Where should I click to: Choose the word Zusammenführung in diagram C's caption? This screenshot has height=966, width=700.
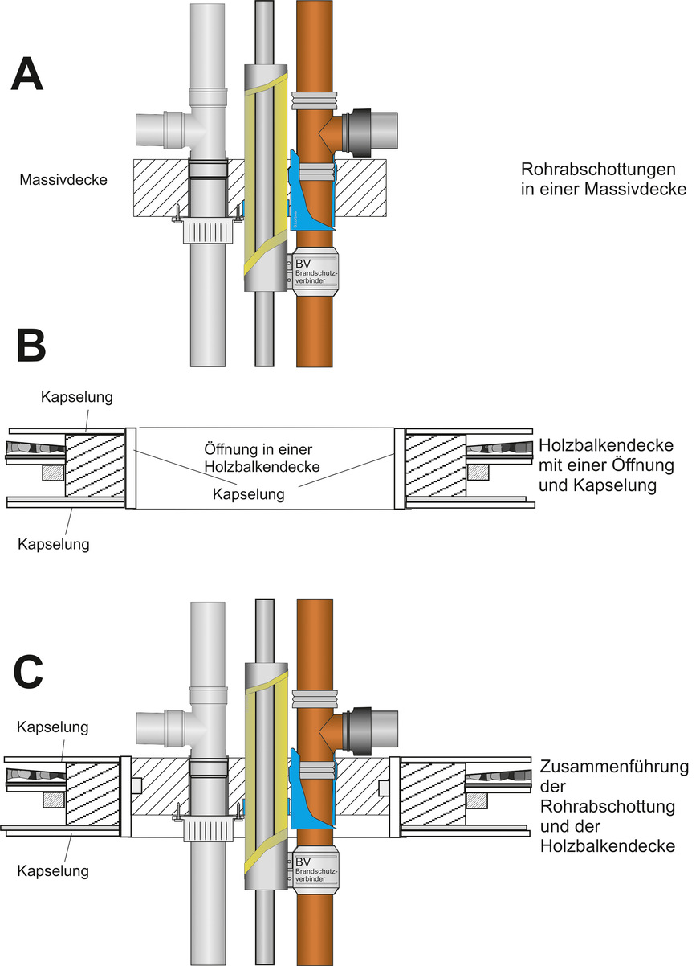[615, 767]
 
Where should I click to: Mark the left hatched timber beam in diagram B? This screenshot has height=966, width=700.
[94, 465]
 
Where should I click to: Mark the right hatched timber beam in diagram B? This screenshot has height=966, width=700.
[434, 465]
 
